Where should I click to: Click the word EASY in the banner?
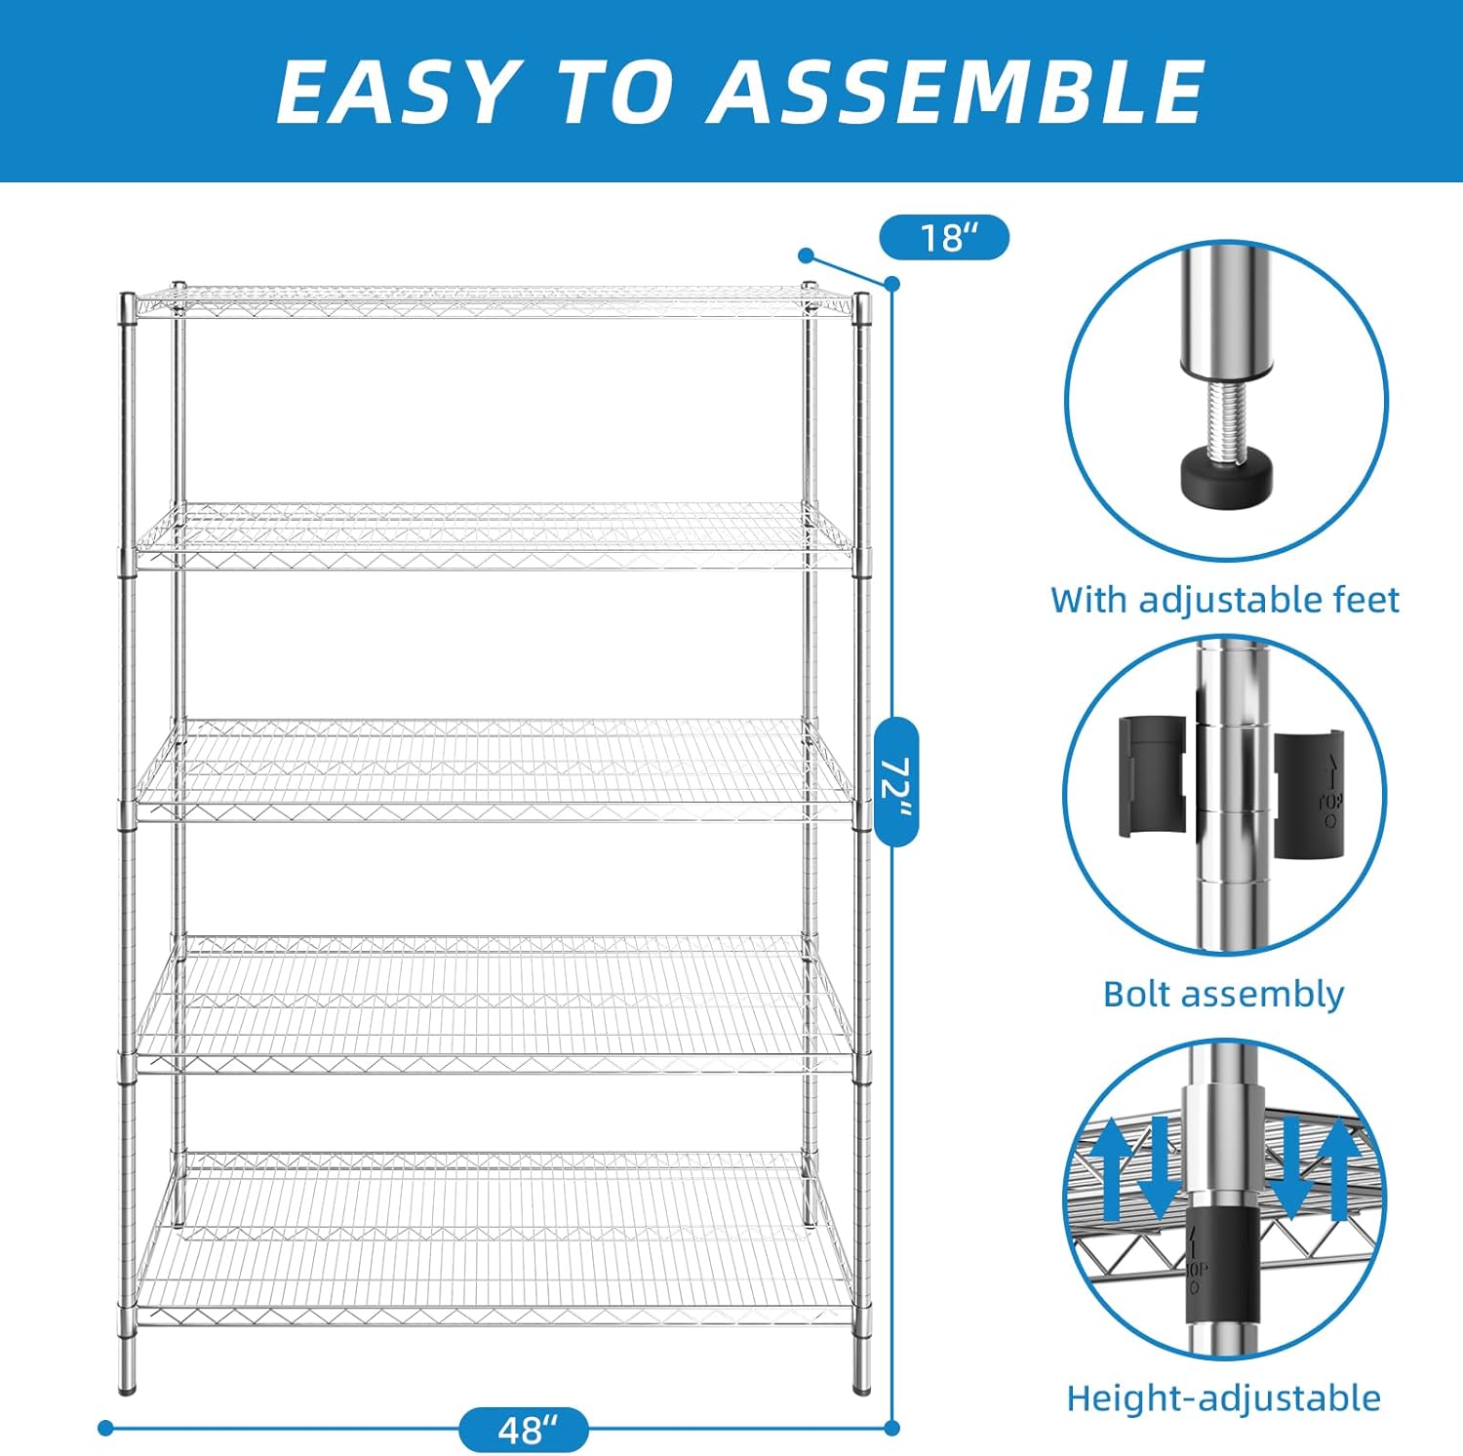click(x=395, y=91)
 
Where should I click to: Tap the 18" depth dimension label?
click(x=944, y=237)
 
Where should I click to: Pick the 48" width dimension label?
click(x=524, y=1430)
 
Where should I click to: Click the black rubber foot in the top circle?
click(x=1226, y=476)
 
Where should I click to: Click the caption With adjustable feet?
click(x=1224, y=599)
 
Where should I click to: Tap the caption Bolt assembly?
click(x=1223, y=994)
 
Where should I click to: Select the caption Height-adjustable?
click(x=1223, y=1397)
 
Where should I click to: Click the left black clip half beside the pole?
click(x=1153, y=776)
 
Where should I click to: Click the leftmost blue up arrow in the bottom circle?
click(x=1111, y=1165)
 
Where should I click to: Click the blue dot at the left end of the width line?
click(x=106, y=1429)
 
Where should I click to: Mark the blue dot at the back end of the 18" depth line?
click(x=806, y=256)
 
